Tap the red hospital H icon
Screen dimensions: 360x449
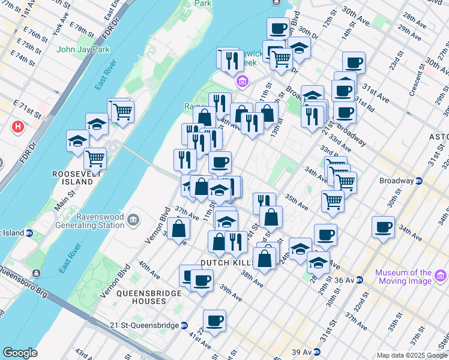point(18,127)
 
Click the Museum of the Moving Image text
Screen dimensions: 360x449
point(403,277)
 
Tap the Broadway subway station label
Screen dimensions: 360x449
point(396,181)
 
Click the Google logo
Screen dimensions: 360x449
point(20,353)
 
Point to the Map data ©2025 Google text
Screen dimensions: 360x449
point(412,355)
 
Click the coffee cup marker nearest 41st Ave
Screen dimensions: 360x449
point(214,321)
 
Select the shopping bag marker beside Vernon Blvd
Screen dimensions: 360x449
point(179,229)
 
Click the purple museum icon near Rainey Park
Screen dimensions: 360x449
point(242,81)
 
